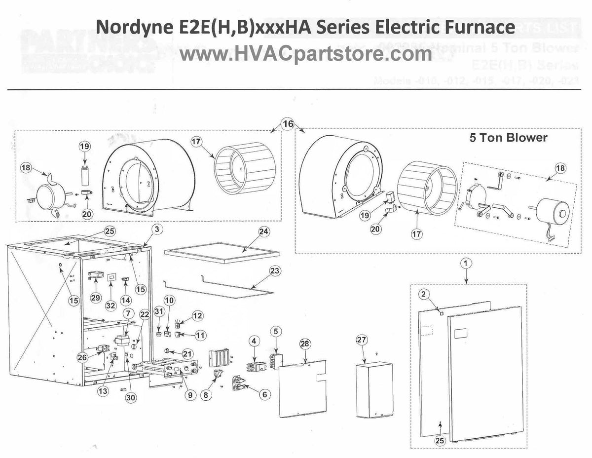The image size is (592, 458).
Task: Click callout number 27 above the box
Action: (x=362, y=340)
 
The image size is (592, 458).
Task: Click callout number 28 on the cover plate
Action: (x=305, y=343)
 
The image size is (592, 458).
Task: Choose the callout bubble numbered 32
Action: (x=111, y=305)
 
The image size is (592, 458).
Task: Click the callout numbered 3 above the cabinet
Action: (x=156, y=229)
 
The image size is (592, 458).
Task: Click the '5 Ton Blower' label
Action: (x=508, y=138)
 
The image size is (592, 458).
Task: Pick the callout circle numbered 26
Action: (x=82, y=356)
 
